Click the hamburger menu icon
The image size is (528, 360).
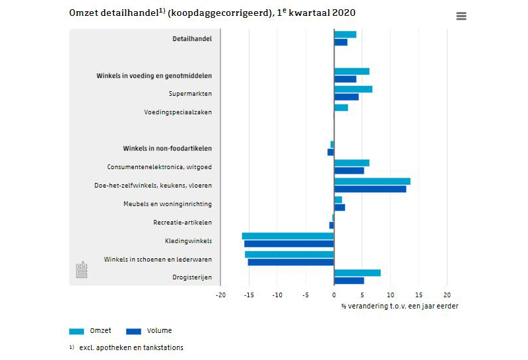(x=461, y=17)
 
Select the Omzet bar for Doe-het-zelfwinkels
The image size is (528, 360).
(x=372, y=182)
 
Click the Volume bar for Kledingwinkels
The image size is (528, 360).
(x=289, y=244)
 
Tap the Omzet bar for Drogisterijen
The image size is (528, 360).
(x=357, y=273)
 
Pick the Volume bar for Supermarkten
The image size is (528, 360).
(x=346, y=97)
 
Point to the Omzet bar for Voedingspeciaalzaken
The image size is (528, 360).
(x=341, y=108)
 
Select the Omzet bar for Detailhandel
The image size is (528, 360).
(x=345, y=34)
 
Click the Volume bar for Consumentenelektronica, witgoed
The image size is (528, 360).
(x=349, y=170)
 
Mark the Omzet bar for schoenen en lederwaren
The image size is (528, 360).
(x=289, y=254)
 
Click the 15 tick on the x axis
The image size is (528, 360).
(x=418, y=295)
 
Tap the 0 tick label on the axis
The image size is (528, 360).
(x=334, y=295)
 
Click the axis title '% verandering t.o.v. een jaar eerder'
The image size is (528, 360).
(x=399, y=306)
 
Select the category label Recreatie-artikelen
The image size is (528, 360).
(x=183, y=222)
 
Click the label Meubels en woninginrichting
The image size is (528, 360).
(x=168, y=203)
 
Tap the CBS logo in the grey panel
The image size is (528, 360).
(x=81, y=270)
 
